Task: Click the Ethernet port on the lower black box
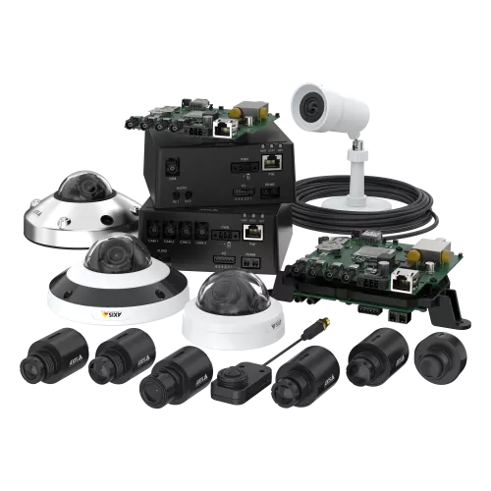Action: pos(253,232)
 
